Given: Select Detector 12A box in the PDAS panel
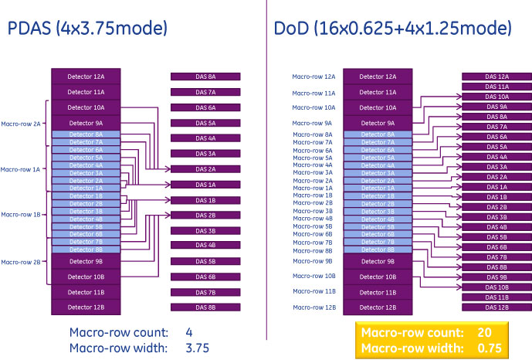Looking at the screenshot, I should pos(86,77).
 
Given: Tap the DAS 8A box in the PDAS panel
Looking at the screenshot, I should pos(205,77).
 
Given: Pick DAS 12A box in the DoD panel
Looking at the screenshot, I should pos(496,76).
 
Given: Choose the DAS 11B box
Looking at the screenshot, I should pos(496,297).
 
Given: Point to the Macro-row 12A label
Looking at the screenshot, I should pos(313,77).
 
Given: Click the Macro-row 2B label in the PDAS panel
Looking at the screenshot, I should pos(21,262).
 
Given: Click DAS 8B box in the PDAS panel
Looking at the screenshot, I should pos(205,307).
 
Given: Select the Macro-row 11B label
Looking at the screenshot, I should pos(313,291).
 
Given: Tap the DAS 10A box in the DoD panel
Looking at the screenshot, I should pos(496,97).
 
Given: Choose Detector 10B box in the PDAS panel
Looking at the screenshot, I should pos(86,277).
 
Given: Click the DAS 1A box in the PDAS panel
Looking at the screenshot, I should pos(205,185).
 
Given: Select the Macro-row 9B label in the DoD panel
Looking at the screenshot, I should pos(313,261).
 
